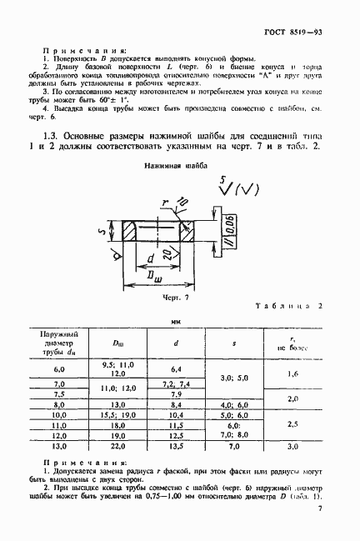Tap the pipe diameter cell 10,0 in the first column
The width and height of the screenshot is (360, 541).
(x=58, y=413)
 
